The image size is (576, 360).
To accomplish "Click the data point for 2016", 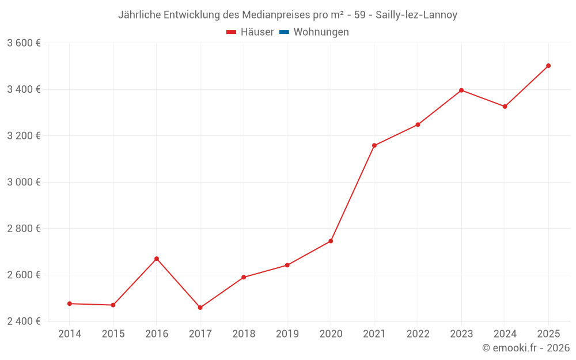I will [157, 259].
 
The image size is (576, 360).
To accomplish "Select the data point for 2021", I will [374, 146].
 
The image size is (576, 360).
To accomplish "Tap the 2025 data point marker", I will [548, 66].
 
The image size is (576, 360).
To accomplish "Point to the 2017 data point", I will [200, 308].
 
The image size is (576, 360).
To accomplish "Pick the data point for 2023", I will [461, 90].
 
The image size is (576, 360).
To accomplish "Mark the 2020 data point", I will [331, 241].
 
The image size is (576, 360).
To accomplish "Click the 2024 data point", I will [505, 107].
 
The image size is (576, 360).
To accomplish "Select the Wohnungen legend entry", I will [321, 32].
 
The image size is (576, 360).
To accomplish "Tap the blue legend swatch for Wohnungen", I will [284, 32].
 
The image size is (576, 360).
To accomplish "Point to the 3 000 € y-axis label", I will [24, 182].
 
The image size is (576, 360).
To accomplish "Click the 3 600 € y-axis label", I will [24, 43].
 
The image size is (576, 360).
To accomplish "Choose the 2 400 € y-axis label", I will [24, 321].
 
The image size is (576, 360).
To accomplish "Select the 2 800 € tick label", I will [24, 228].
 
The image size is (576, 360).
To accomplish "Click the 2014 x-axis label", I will [70, 334].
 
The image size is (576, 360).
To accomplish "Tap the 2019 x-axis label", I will [287, 334].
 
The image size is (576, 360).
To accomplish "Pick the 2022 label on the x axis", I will [418, 334].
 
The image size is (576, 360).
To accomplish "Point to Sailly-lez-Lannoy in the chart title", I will [416, 15].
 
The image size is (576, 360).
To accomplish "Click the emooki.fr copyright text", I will [525, 348].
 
